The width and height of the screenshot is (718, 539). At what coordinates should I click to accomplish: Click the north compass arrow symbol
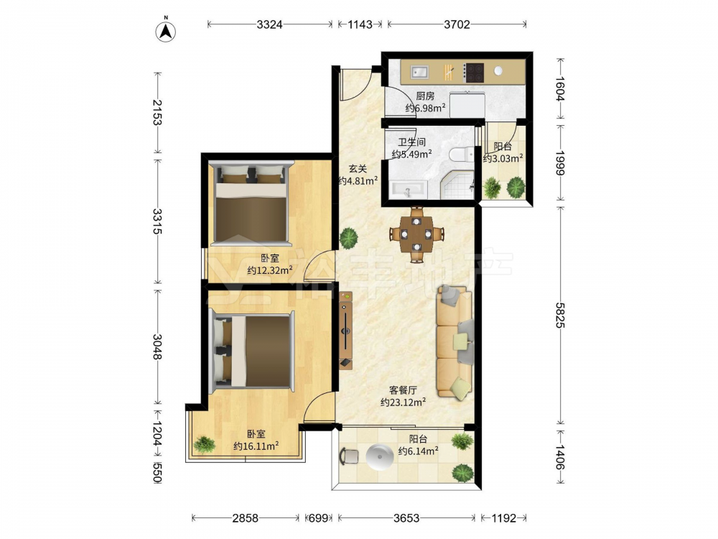point(166,31)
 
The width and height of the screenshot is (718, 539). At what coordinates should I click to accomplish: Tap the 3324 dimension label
point(269,24)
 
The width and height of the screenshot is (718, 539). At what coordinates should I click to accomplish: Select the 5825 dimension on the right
point(559,315)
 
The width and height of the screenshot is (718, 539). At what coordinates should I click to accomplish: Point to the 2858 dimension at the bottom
point(246,518)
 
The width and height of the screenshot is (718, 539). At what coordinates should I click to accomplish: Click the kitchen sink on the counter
point(419,72)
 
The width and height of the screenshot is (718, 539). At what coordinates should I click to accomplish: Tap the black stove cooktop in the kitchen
point(475,73)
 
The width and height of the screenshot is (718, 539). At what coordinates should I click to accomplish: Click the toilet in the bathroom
point(462,155)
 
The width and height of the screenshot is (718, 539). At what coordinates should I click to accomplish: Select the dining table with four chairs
point(416,235)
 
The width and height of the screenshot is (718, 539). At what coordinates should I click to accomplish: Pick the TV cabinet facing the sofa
point(346,330)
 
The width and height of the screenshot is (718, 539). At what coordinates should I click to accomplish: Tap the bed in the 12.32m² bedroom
point(251,202)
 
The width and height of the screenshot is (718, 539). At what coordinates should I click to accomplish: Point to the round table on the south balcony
point(380,457)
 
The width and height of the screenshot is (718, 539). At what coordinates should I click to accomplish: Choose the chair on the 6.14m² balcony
point(349,457)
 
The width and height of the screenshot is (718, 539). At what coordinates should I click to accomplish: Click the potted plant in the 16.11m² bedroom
point(204,443)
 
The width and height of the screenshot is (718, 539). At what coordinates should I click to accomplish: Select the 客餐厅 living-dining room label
point(403,390)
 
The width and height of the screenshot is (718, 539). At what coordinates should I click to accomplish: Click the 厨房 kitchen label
point(425,96)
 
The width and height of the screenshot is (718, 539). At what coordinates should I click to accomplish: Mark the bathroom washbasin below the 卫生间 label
point(408,189)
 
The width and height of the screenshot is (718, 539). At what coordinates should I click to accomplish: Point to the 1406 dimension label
point(559,456)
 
